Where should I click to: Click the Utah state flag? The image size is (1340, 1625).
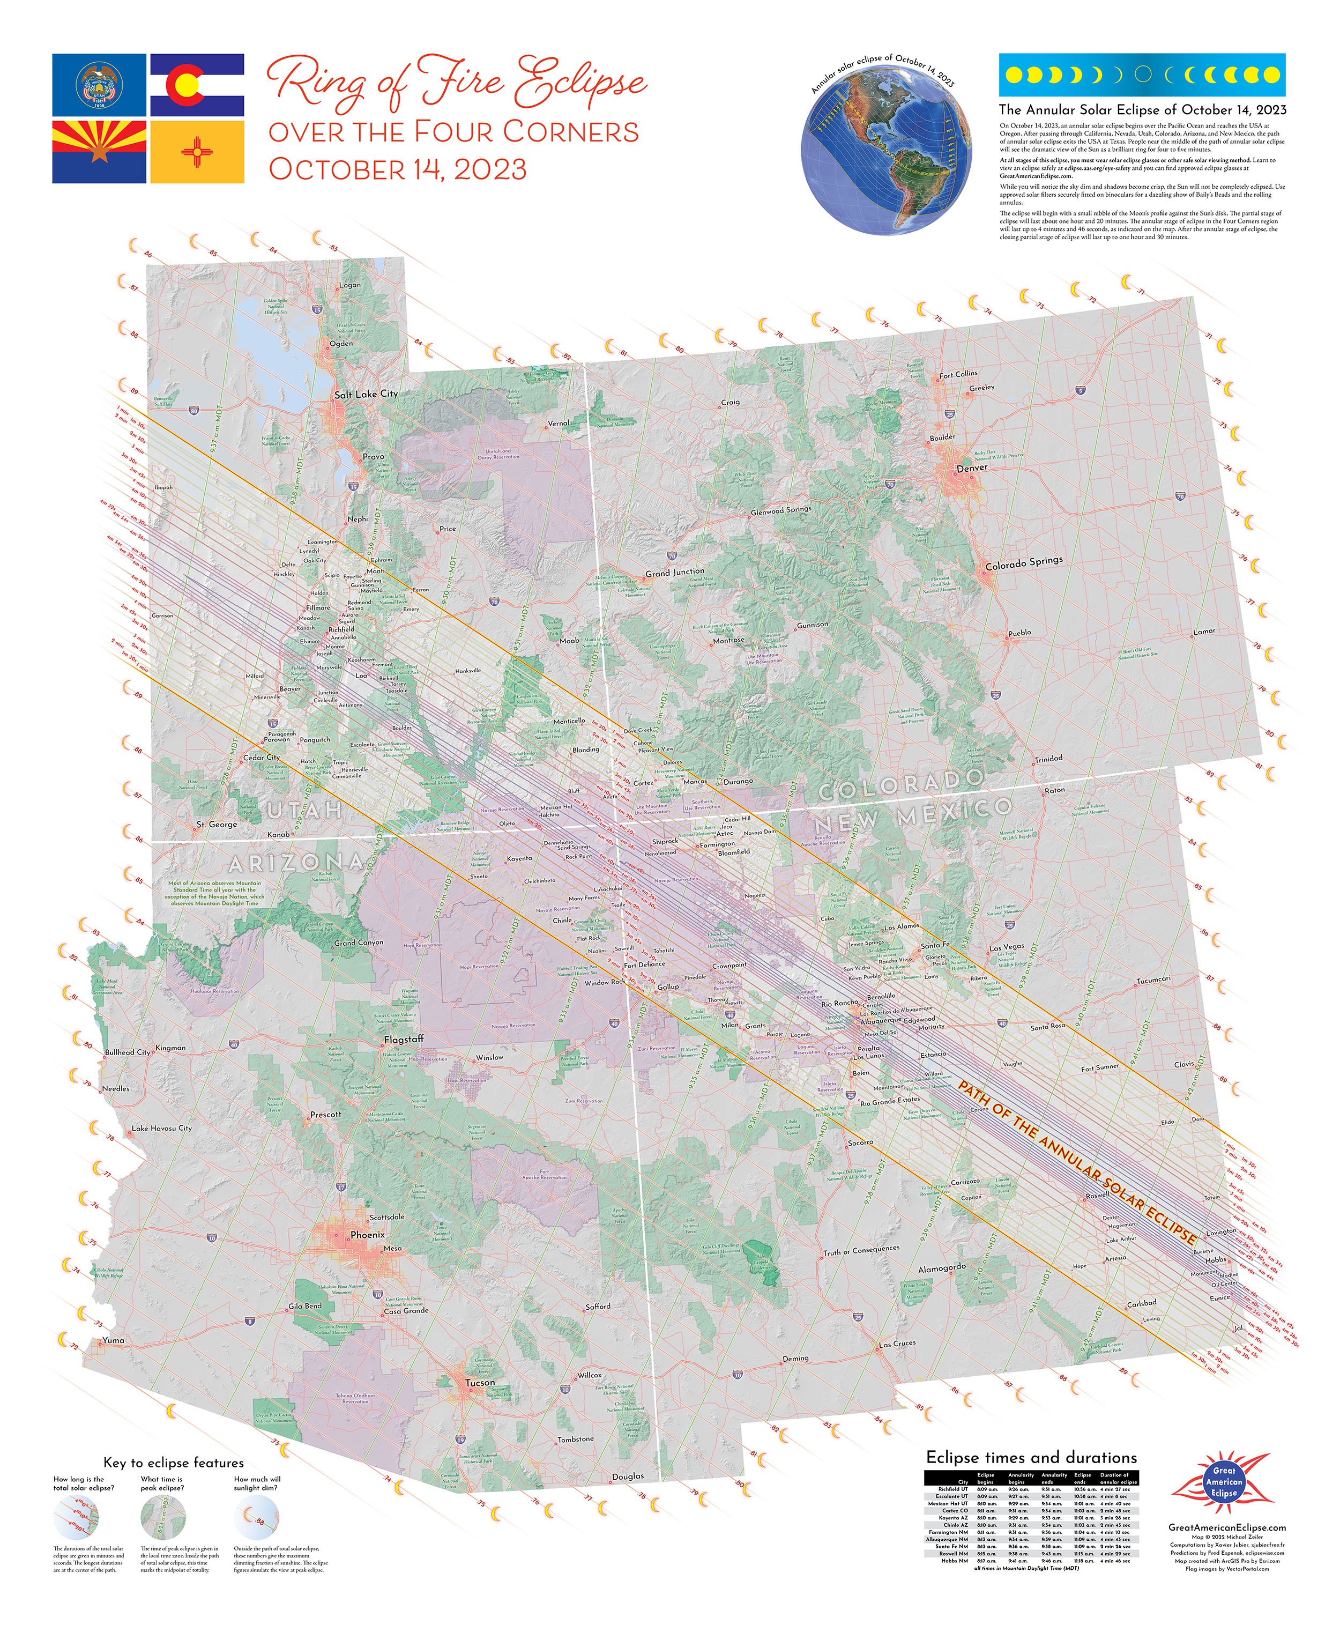99,85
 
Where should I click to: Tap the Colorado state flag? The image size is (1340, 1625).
197,85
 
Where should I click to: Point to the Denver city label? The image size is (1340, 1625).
972,468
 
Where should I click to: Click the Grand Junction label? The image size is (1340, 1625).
675,573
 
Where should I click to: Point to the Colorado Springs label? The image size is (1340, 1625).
1024,563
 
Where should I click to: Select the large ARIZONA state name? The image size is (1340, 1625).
296,862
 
